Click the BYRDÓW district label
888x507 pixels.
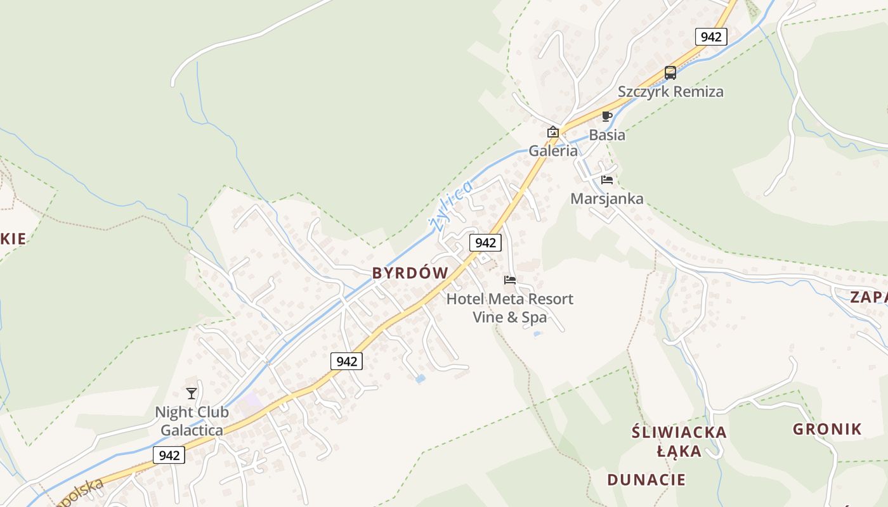410,273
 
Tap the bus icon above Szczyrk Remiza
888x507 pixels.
670,73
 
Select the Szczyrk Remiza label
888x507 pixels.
670,91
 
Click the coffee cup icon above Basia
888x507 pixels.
606,116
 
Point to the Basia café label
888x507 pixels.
606,135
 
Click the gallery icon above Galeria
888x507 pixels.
553,132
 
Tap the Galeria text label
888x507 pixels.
553,151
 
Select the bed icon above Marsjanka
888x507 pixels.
607,180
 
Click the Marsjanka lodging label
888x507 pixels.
606,199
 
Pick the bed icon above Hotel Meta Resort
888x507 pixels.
510,279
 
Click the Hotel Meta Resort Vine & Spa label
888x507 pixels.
510,307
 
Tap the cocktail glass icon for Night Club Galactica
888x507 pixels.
192,394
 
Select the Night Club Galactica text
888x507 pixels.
192,421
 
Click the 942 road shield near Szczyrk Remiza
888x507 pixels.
710,37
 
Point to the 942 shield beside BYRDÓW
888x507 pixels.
485,243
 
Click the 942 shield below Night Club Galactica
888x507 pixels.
169,455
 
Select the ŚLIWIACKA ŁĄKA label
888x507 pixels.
679,442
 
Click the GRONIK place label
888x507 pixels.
827,429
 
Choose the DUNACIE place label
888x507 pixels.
646,479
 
